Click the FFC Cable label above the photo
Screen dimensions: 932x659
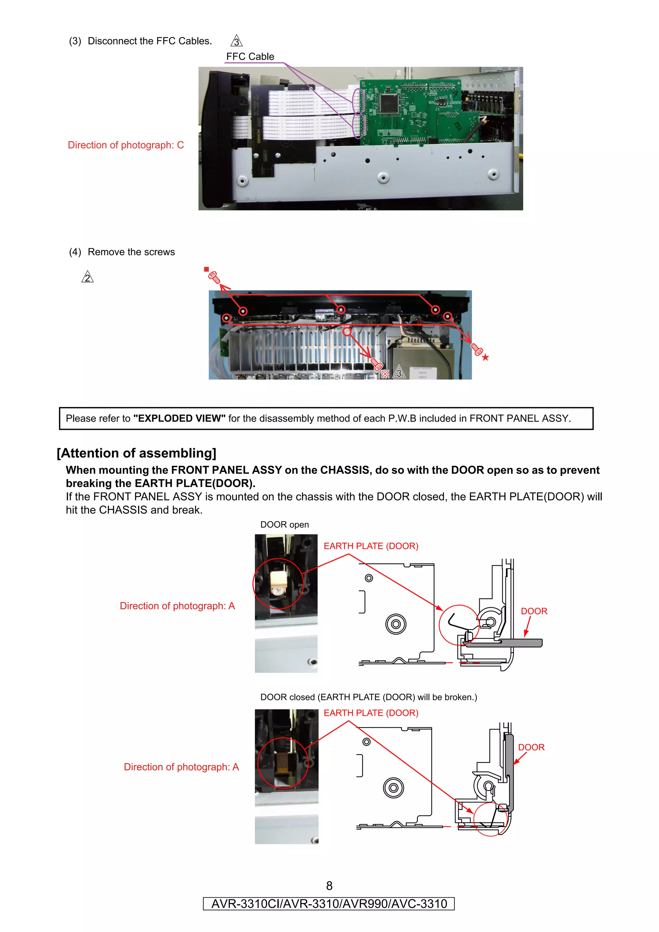point(250,56)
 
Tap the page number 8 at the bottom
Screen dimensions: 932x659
point(329,886)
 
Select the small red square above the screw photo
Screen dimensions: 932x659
point(206,269)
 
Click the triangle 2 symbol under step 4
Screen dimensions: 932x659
point(87,277)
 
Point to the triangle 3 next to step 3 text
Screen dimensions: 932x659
point(236,41)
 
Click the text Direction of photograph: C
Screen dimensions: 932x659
point(125,145)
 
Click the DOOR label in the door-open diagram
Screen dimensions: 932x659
point(534,611)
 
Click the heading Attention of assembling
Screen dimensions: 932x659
point(136,453)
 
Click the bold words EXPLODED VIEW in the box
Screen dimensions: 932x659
point(179,418)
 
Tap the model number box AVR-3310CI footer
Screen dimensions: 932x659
point(329,904)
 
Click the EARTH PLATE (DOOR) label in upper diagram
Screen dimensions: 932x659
point(370,546)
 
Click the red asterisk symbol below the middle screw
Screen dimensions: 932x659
point(385,374)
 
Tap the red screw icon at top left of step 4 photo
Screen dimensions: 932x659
point(214,277)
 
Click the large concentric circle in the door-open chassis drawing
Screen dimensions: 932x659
point(395,624)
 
